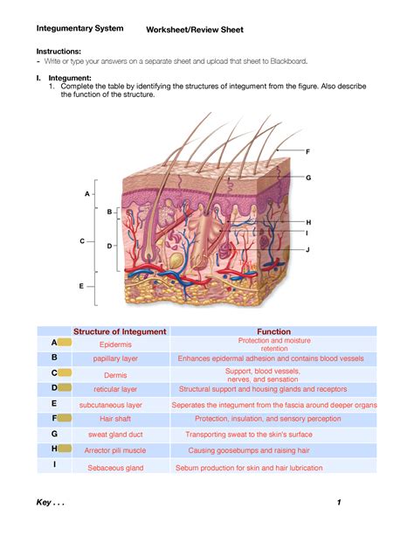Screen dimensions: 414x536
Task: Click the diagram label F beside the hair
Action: point(307,151)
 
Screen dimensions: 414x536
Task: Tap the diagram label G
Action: point(308,178)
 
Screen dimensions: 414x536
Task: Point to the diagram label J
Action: point(307,249)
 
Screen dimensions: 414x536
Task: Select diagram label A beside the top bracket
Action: point(87,194)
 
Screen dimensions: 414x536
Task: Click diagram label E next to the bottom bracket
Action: point(81,286)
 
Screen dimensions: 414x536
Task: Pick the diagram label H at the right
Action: point(308,222)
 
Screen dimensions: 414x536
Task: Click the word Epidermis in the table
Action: point(115,345)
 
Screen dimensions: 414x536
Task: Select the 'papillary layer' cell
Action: point(115,358)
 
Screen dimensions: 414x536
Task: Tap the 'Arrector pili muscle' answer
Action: point(115,450)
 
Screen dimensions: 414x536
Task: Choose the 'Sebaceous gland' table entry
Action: point(115,468)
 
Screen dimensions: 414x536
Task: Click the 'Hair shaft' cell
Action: point(115,419)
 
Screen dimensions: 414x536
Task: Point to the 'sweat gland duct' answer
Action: point(115,435)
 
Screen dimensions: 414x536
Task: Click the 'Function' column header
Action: point(274,331)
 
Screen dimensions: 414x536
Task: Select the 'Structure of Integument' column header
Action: point(120,331)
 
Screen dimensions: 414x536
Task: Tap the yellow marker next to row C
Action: point(65,372)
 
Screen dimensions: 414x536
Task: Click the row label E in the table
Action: point(54,403)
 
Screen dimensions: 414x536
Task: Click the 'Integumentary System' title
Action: point(80,28)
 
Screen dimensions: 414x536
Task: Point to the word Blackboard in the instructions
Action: point(288,61)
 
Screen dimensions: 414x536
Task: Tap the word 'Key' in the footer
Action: point(44,502)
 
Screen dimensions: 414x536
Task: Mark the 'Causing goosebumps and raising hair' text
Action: point(249,450)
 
